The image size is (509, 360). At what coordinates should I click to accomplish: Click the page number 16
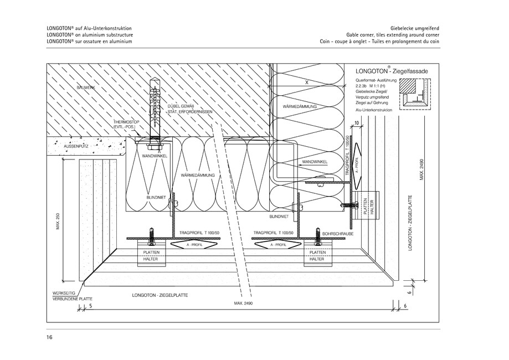[49, 337]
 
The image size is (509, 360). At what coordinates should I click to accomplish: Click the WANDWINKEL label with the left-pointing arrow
[314, 162]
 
